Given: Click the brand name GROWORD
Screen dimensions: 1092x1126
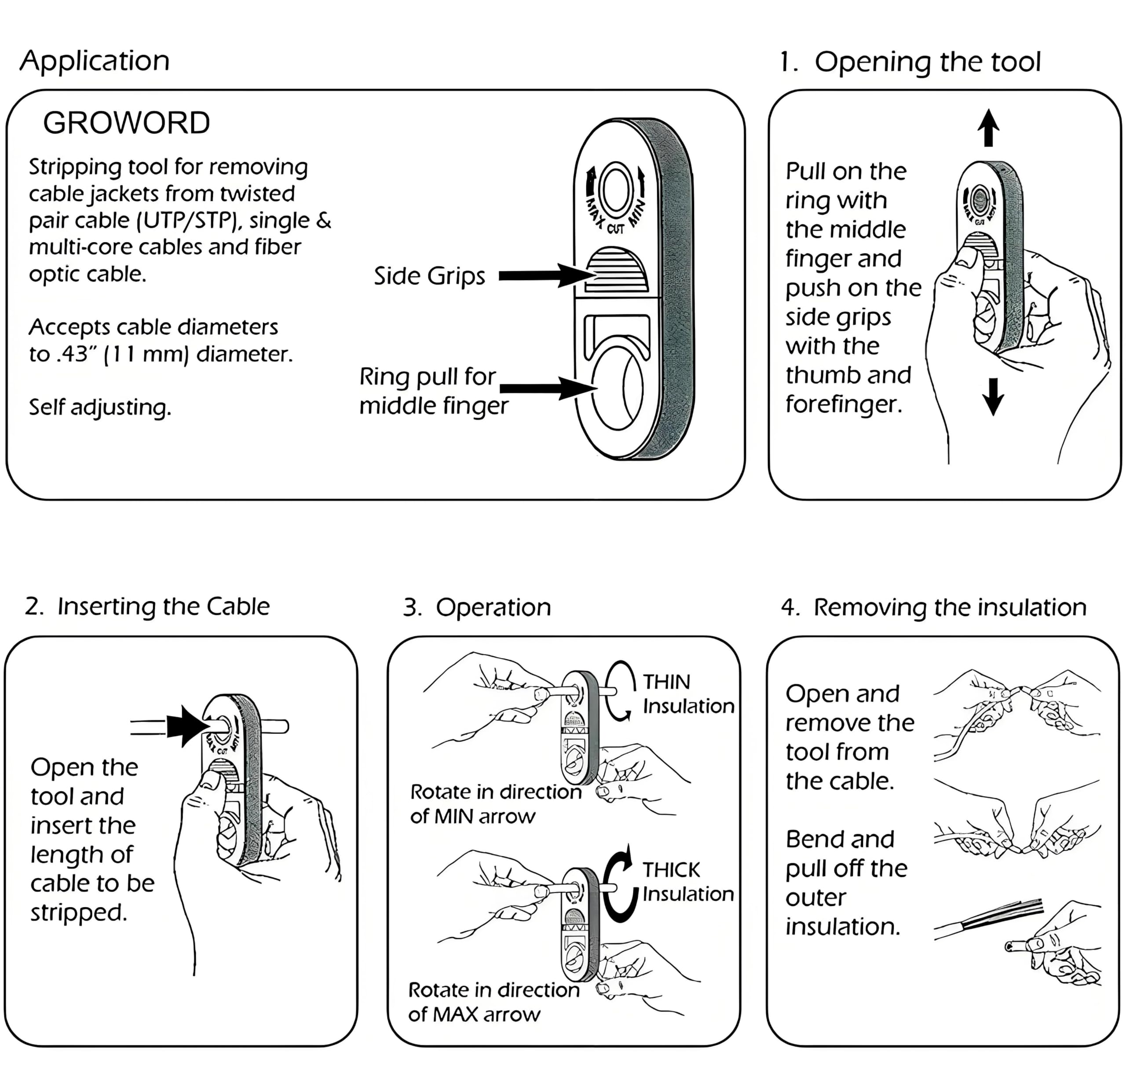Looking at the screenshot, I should tap(126, 123).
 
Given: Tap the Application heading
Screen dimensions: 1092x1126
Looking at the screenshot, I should tap(95, 61).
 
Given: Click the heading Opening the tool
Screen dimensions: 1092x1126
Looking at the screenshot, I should tap(910, 62).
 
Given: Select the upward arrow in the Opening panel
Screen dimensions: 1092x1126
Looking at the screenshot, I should tap(988, 128).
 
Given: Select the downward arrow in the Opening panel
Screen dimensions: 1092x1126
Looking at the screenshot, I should tap(993, 396).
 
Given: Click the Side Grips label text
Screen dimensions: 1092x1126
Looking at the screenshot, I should tap(429, 276).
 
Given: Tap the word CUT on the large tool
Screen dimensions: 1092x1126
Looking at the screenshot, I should tap(615, 229).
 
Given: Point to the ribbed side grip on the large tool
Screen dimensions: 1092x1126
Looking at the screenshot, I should tap(616, 270).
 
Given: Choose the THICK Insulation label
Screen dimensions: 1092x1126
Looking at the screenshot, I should tap(687, 882).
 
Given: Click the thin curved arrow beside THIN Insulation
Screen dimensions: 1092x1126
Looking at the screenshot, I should tap(621, 690).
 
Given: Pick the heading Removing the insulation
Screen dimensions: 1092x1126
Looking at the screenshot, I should tap(933, 608).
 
